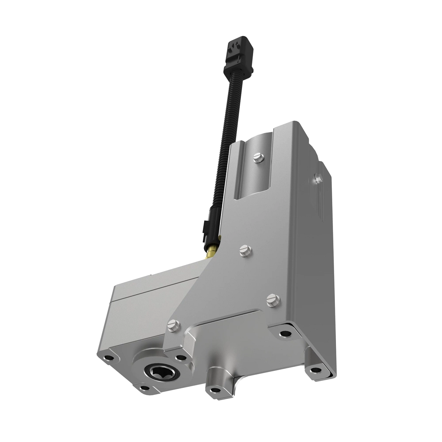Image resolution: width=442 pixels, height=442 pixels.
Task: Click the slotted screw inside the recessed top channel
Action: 257,158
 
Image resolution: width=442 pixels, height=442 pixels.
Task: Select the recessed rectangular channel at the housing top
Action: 258,173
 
